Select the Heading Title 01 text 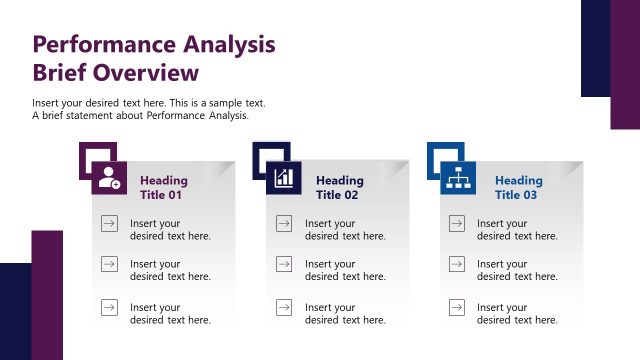click(x=163, y=188)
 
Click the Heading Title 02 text click(x=340, y=188)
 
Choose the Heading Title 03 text click(x=518, y=188)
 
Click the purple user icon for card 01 click(x=108, y=178)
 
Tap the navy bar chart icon click(x=283, y=178)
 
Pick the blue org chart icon click(x=459, y=178)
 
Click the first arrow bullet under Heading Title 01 click(x=108, y=223)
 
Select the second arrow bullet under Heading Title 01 click(x=108, y=265)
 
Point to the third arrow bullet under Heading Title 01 click(x=108, y=308)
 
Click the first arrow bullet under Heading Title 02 click(x=283, y=223)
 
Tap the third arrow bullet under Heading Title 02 click(x=283, y=308)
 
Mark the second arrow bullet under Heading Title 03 click(x=456, y=265)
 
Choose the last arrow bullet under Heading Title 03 click(x=456, y=308)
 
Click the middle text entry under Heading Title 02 click(x=345, y=271)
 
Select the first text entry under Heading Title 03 click(x=517, y=230)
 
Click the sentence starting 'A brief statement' click(x=140, y=116)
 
